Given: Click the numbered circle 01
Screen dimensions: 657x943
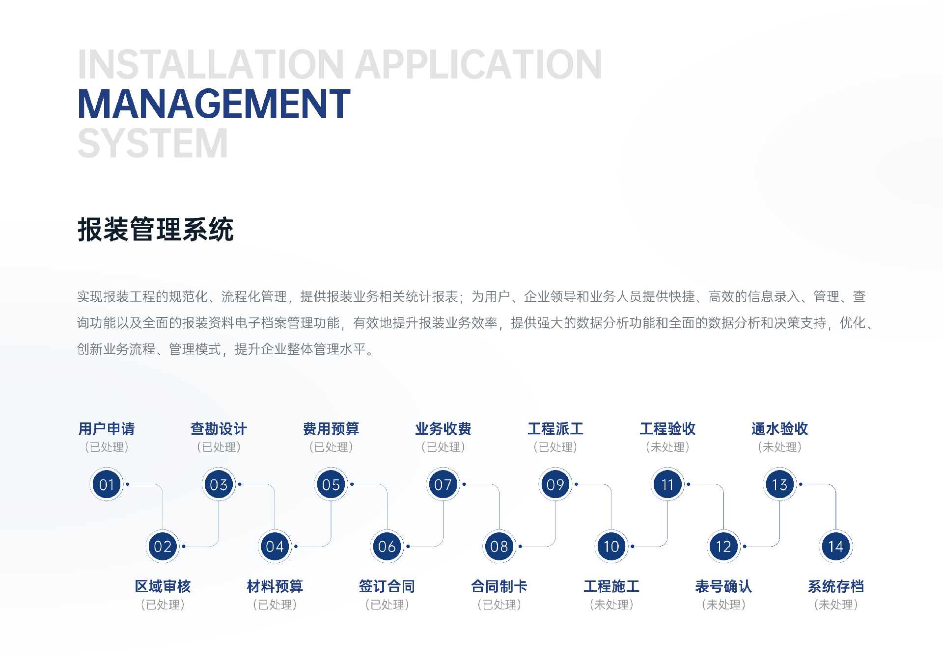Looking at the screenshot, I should (107, 484).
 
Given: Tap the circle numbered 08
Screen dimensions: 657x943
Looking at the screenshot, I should (499, 546).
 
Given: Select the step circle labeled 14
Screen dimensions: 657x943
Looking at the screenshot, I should (835, 546).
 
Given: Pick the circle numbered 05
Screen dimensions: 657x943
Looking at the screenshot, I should (331, 484).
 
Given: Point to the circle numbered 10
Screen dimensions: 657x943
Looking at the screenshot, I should (611, 546).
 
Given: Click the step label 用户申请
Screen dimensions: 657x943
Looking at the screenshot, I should (107, 429).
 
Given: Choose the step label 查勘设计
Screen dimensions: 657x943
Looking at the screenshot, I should (219, 429).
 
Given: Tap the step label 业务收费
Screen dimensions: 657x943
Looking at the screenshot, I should (443, 429).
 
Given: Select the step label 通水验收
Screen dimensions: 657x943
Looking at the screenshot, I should (779, 429).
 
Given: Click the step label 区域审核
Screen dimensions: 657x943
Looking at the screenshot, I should (163, 586).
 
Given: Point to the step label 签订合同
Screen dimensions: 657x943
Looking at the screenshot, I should (387, 586).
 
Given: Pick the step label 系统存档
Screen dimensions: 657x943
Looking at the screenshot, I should (835, 586).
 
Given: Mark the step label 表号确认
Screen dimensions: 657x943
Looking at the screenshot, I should (723, 586).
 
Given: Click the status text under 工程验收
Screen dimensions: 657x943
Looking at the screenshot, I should (667, 447).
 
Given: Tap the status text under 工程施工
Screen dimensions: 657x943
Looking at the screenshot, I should (611, 604).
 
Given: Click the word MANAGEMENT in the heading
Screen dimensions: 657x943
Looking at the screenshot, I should (214, 104).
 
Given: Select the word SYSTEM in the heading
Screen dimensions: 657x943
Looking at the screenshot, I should (153, 143).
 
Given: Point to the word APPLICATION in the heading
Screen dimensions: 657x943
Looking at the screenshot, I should (478, 64).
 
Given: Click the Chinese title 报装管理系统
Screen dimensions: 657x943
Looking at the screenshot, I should (156, 229).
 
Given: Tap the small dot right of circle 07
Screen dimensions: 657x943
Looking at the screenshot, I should (464, 484).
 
